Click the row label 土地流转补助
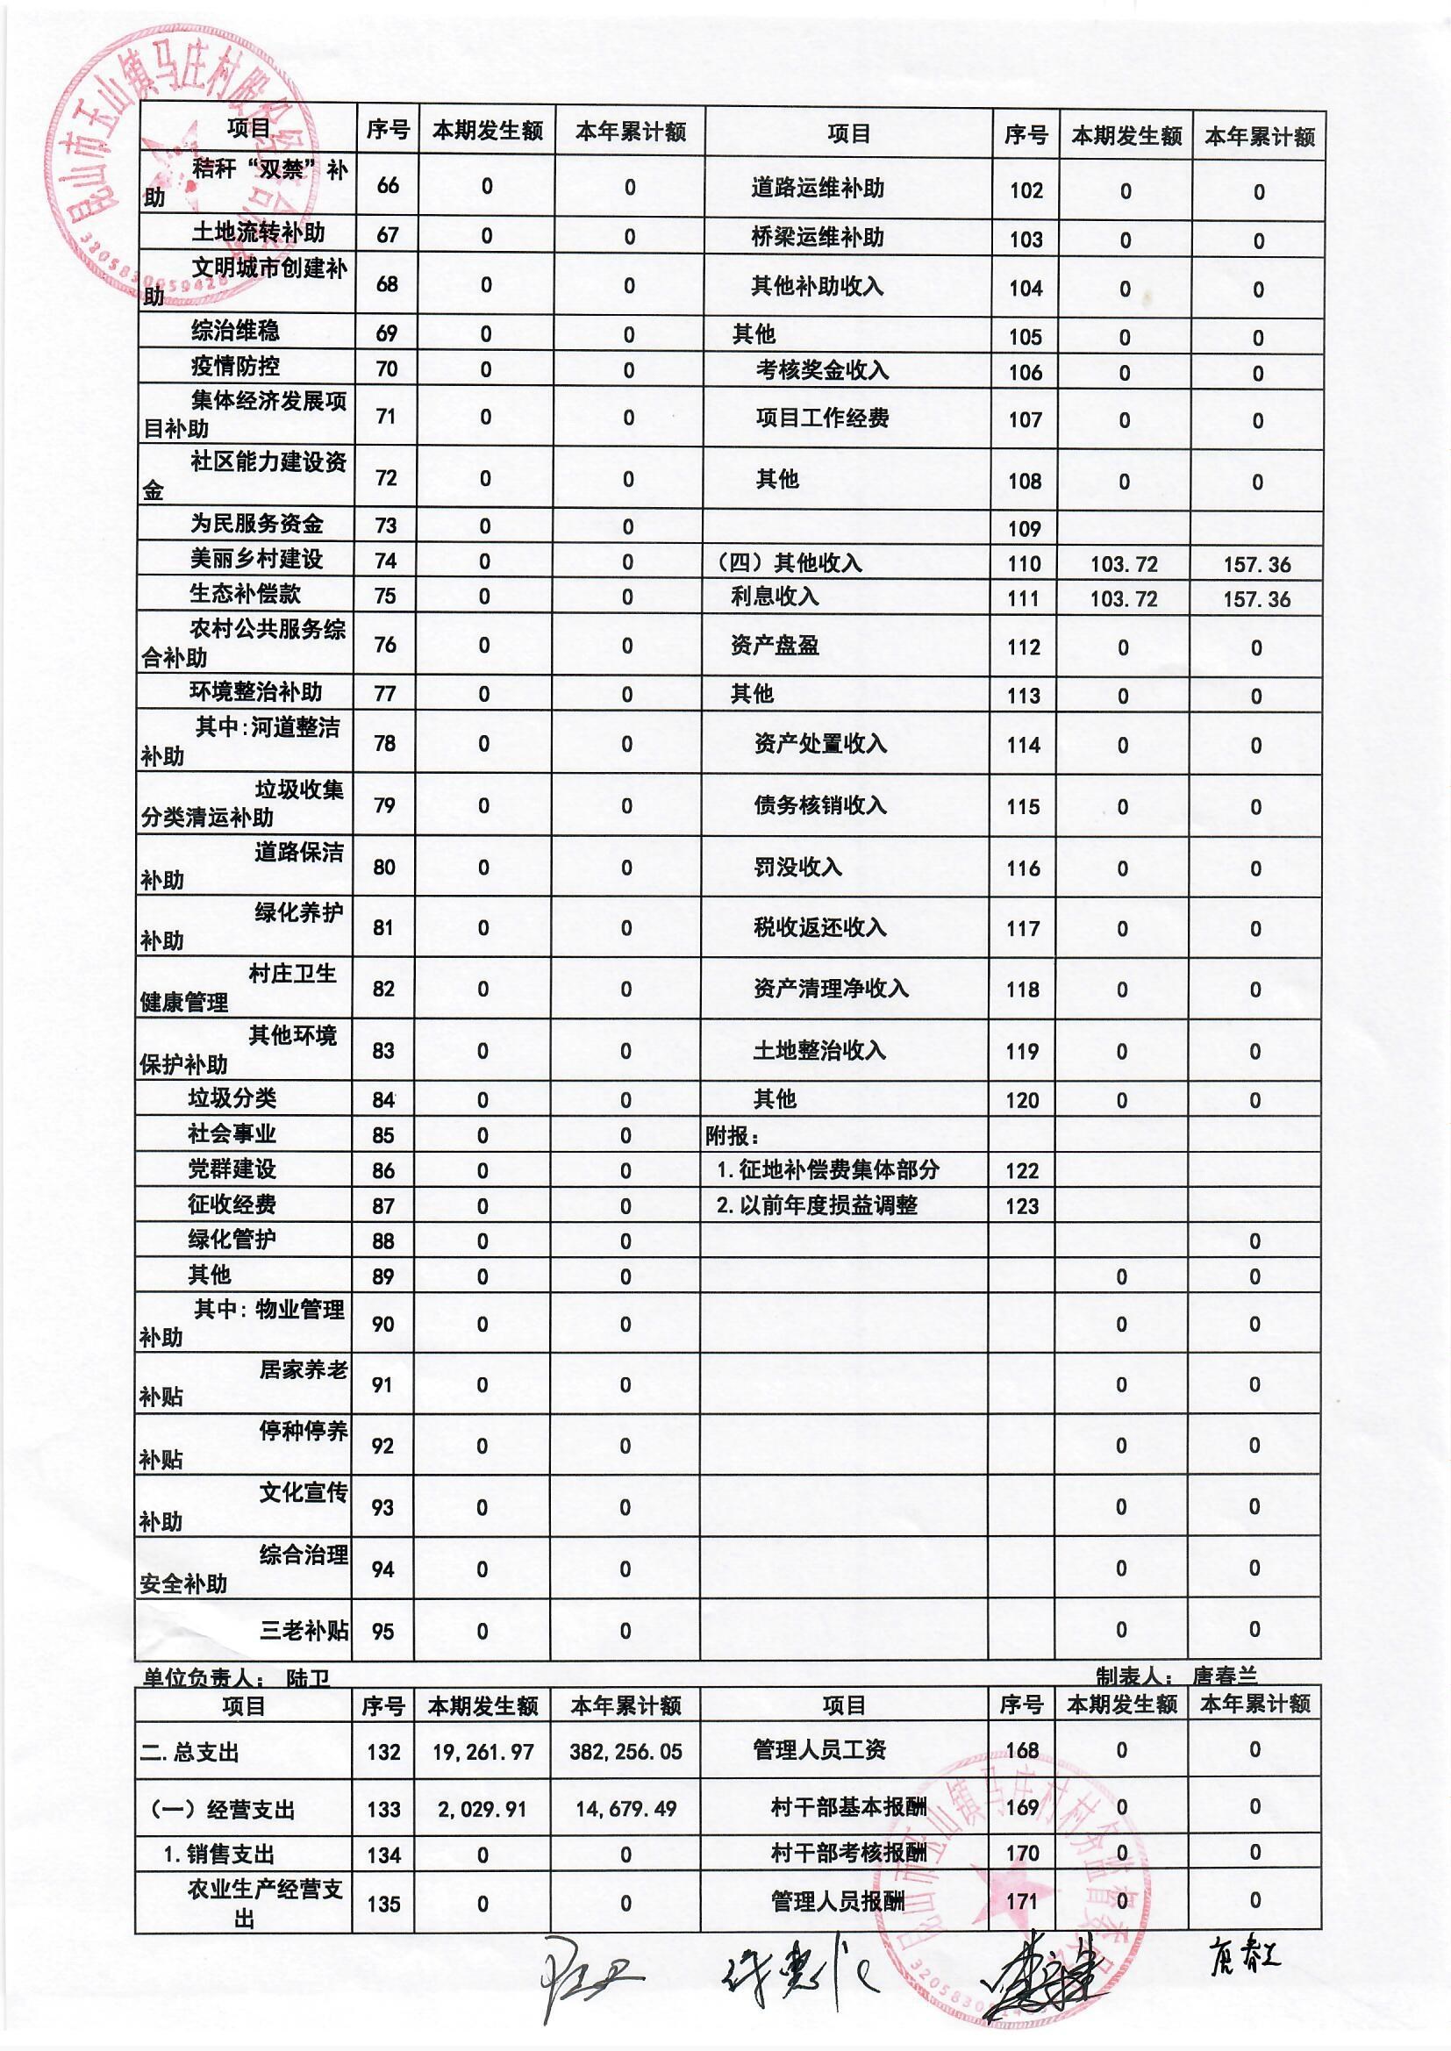coord(257,234)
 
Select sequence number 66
coord(388,186)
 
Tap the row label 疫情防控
coord(235,367)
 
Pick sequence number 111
coord(1024,598)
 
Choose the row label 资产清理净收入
coord(831,989)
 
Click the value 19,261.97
coord(482,1752)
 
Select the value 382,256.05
coord(625,1752)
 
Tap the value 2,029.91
coord(482,1809)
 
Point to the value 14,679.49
coord(625,1809)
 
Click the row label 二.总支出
coord(190,1753)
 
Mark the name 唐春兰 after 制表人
coord(1224,1676)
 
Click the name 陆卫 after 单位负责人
coord(307,1678)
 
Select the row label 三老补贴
coord(304,1630)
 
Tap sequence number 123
coord(1022,1206)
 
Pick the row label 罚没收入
coord(797,868)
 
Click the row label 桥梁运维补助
coord(817,238)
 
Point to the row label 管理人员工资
coord(819,1750)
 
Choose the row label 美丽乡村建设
coord(256,560)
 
